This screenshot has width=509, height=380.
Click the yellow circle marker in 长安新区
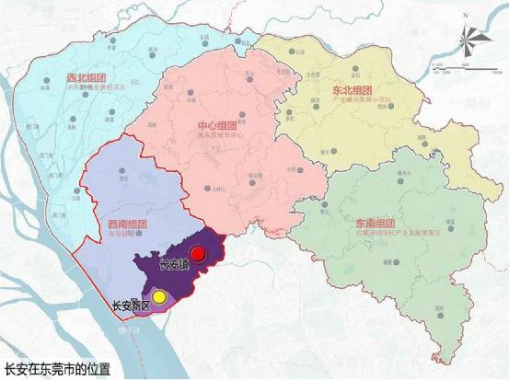[x=159, y=296]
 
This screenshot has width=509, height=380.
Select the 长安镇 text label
[x=173, y=267]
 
